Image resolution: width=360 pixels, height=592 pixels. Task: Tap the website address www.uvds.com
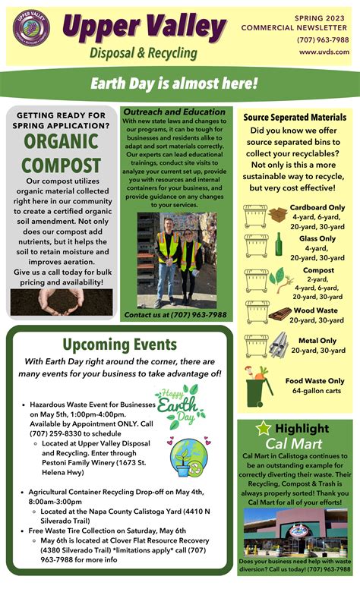(324, 52)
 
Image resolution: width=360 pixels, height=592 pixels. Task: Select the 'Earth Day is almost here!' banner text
(174, 83)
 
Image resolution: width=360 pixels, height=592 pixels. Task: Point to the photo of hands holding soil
(61, 301)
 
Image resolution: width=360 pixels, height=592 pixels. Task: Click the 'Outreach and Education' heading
(175, 112)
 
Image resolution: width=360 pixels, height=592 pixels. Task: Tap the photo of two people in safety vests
(176, 258)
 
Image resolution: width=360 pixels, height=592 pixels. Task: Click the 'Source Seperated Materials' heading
(295, 118)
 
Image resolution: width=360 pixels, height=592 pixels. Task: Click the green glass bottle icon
(279, 244)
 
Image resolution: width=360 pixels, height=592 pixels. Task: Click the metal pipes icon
(278, 345)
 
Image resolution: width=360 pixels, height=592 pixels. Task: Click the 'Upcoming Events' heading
(119, 345)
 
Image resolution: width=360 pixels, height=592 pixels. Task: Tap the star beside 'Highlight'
(264, 428)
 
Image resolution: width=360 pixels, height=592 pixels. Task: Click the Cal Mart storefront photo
(296, 532)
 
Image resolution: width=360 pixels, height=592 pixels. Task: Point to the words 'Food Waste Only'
(314, 380)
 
